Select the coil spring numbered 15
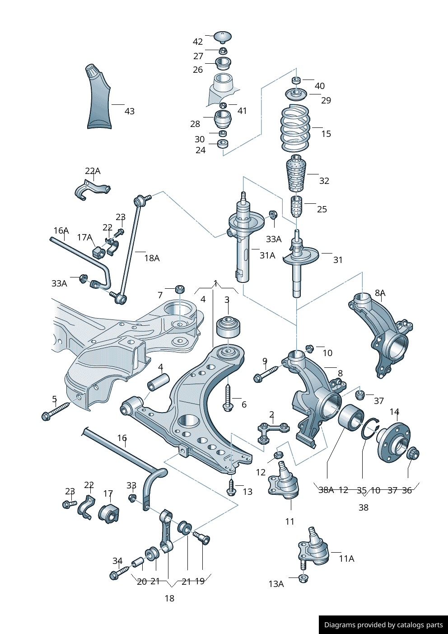[x=295, y=129]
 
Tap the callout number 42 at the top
[x=198, y=42]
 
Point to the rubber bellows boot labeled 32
[x=296, y=174]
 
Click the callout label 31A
[x=267, y=255]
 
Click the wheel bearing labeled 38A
[x=350, y=418]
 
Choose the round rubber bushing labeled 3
[x=228, y=327]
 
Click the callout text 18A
[x=152, y=258]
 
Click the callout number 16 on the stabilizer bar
[x=122, y=438]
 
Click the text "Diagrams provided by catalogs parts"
[x=383, y=625]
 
